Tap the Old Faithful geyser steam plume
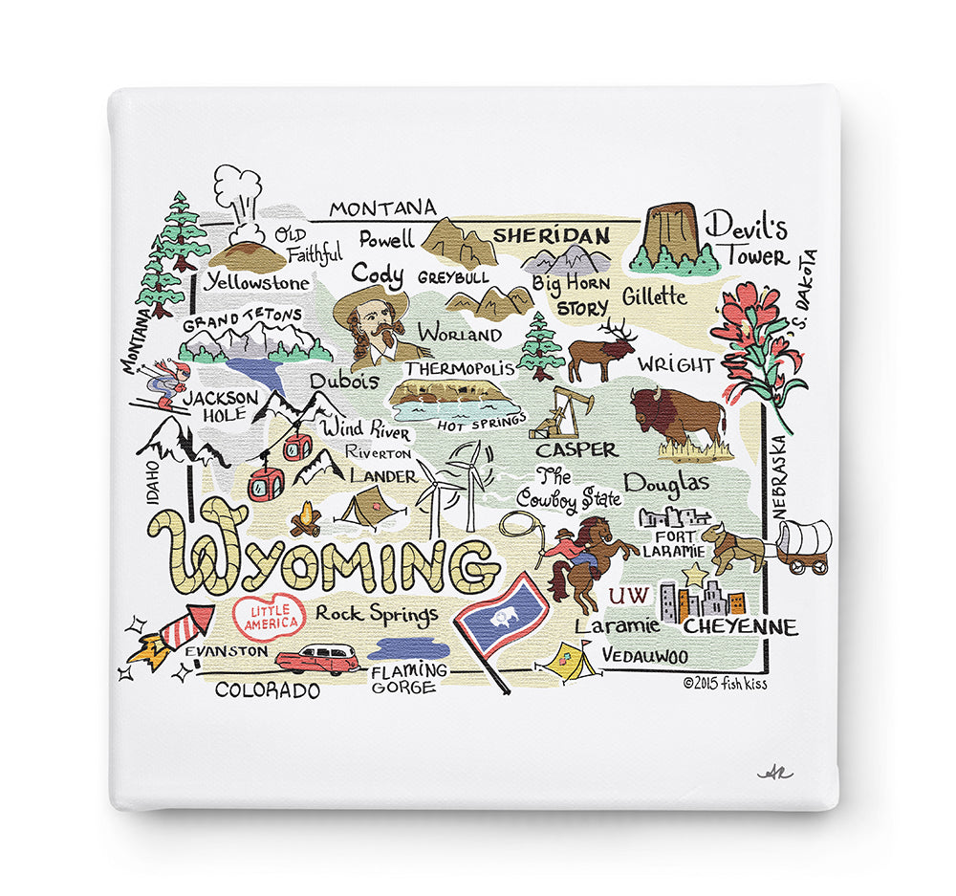(237, 191)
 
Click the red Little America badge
(269, 617)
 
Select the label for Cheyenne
(741, 627)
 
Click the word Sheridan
(552, 235)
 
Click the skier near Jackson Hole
(167, 382)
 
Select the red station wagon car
(317, 658)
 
